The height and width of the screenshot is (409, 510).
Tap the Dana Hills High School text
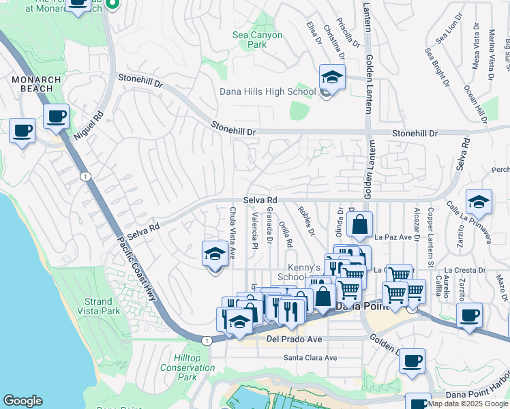pyautogui.click(x=267, y=92)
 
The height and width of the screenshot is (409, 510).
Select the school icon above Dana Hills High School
pyautogui.click(x=332, y=76)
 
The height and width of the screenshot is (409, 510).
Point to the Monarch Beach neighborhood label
pyautogui.click(x=37, y=85)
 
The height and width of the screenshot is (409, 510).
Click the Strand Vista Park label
pyautogui.click(x=99, y=306)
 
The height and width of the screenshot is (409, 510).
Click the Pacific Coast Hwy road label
pyautogui.click(x=136, y=269)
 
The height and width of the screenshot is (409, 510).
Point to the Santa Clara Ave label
pyautogui.click(x=310, y=358)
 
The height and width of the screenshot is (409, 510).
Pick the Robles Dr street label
pyautogui.click(x=305, y=219)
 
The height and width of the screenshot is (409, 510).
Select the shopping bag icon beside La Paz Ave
pyautogui.click(x=359, y=223)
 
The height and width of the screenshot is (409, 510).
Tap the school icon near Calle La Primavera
pyautogui.click(x=479, y=201)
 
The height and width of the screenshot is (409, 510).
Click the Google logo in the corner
pyautogui.click(x=22, y=401)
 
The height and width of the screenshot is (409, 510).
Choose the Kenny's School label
pyautogui.click(x=303, y=272)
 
